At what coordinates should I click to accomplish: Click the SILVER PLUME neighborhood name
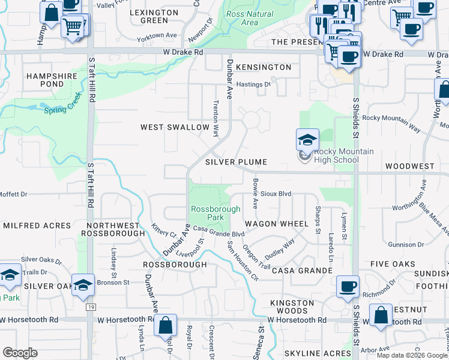(x=235, y=163)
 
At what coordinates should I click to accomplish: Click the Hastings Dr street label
(x=253, y=85)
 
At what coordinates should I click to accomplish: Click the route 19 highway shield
(x=91, y=307)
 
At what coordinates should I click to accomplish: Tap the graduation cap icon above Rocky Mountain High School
(x=307, y=140)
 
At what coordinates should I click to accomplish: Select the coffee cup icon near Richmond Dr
(x=348, y=286)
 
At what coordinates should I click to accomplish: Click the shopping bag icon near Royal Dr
(x=165, y=325)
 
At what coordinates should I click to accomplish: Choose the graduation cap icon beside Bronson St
(x=83, y=285)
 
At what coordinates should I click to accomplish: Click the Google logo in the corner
(x=20, y=353)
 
